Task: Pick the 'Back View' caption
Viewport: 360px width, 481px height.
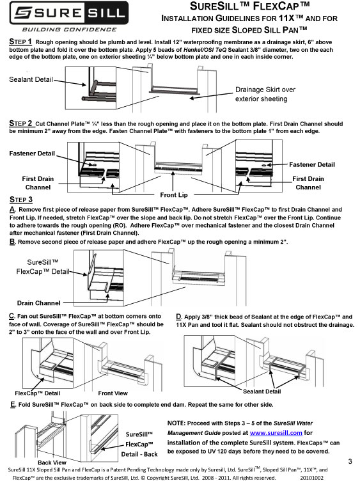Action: tap(53, 462)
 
